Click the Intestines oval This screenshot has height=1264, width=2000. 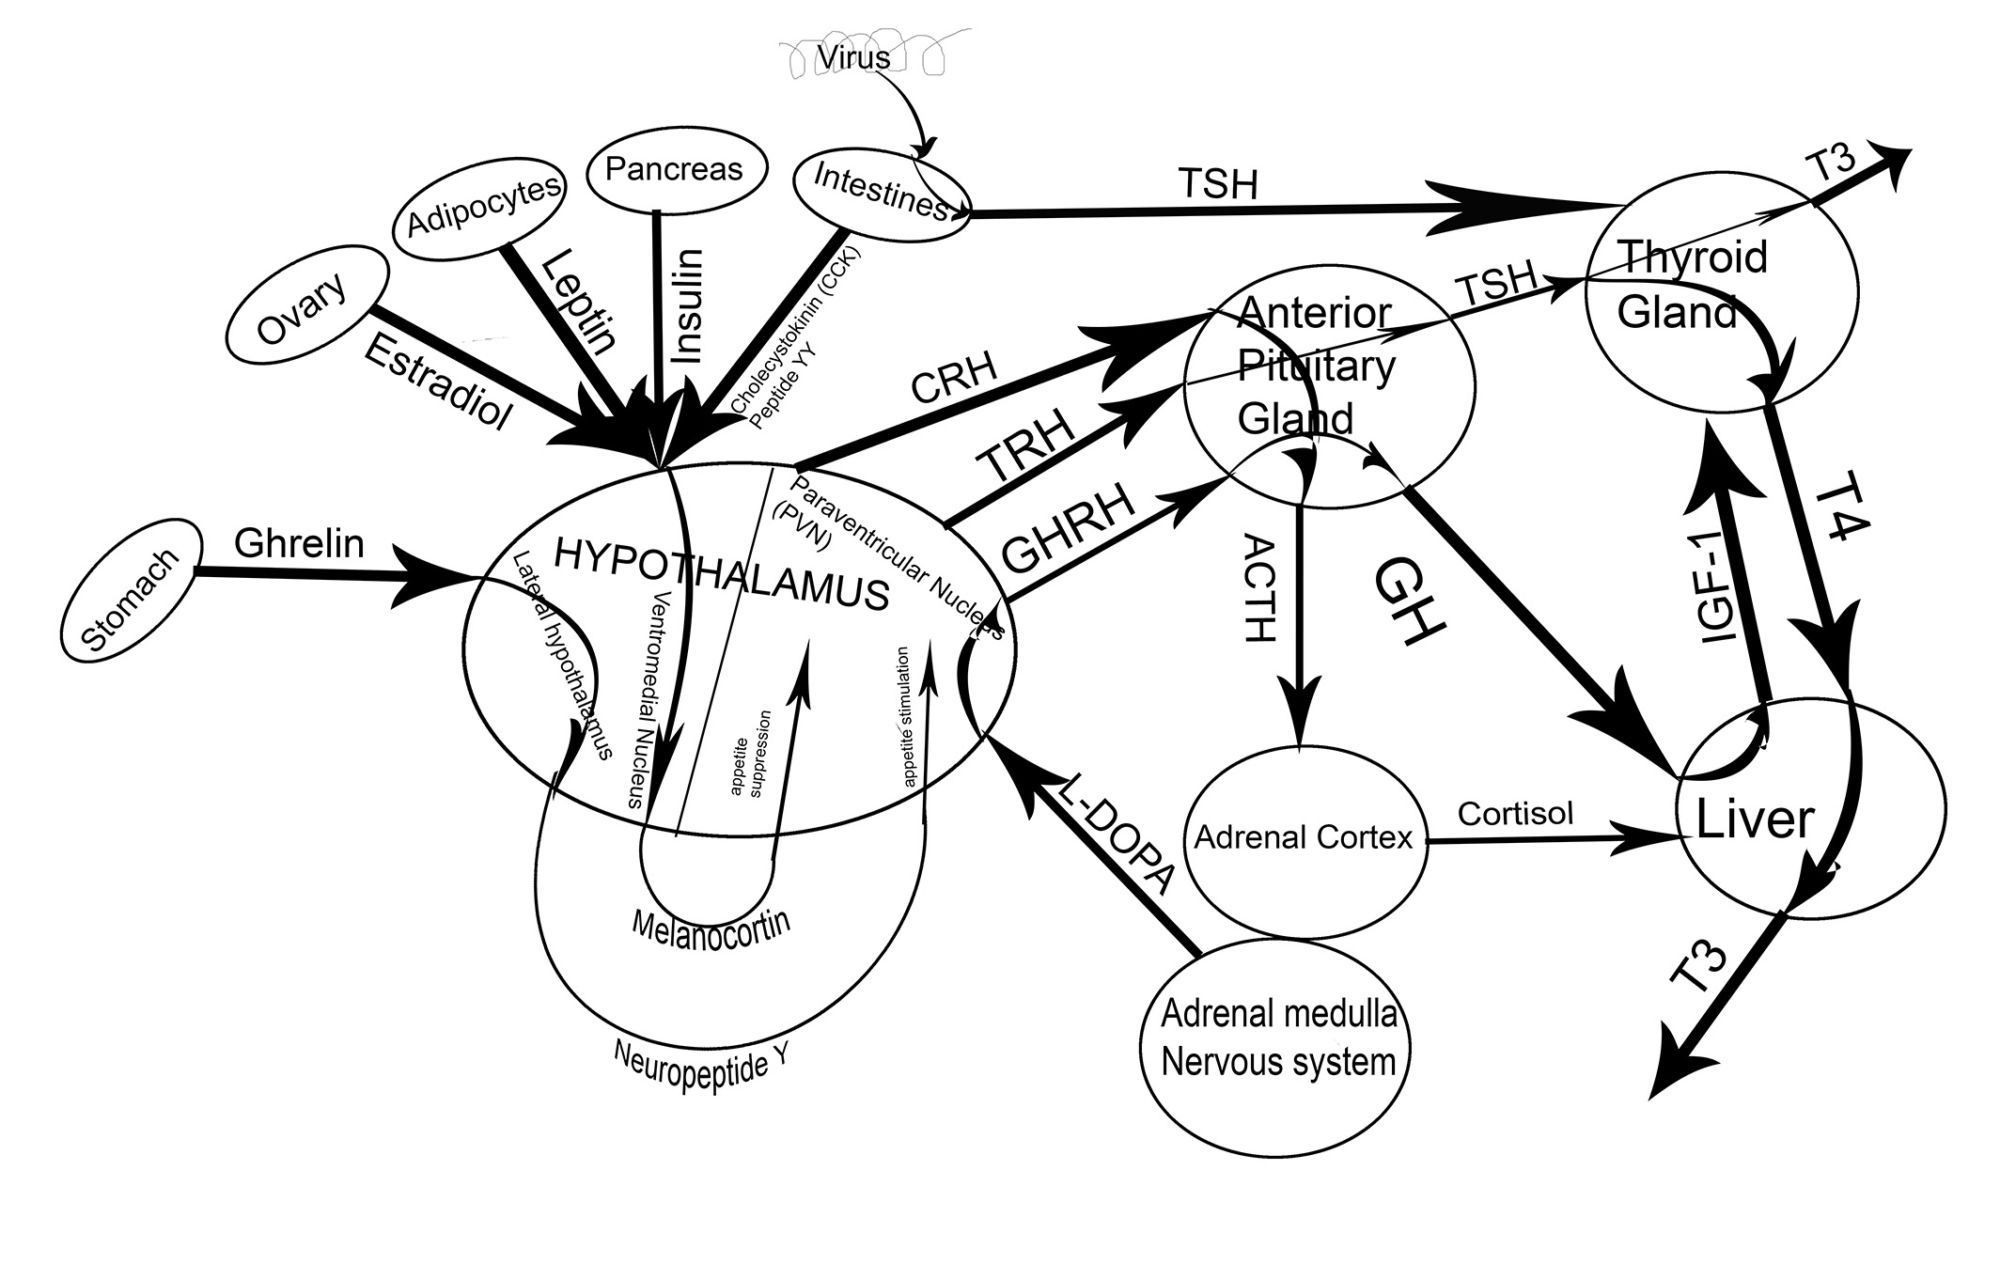(881, 191)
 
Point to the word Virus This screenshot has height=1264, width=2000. (853, 57)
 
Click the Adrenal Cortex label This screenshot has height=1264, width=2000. (1304, 837)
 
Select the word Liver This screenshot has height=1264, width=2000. (1755, 819)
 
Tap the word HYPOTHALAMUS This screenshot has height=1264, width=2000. (721, 573)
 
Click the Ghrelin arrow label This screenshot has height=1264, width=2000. (299, 543)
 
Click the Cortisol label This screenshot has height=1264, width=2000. (1515, 813)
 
